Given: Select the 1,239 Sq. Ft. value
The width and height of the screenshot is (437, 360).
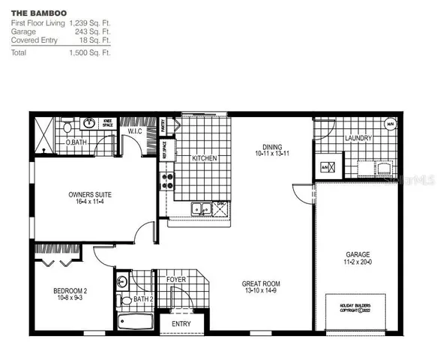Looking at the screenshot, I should tap(90, 23).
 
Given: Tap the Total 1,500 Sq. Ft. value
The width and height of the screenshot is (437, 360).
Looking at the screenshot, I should tap(90, 53).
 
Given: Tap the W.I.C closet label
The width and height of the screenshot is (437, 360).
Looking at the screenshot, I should tap(135, 132).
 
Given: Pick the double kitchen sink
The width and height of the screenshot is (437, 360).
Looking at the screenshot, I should tap(200, 209).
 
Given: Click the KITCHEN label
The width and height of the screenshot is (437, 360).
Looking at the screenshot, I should tap(205, 158).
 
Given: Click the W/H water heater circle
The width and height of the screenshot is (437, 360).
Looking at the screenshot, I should tap(390, 124).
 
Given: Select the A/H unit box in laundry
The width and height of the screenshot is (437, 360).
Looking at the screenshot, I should tap(326, 167).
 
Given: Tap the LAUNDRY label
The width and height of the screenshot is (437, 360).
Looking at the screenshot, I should tap(358, 139).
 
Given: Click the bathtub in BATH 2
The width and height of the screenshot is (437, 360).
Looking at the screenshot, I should tap(136, 322).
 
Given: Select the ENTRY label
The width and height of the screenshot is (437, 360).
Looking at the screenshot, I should tap(181, 324).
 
